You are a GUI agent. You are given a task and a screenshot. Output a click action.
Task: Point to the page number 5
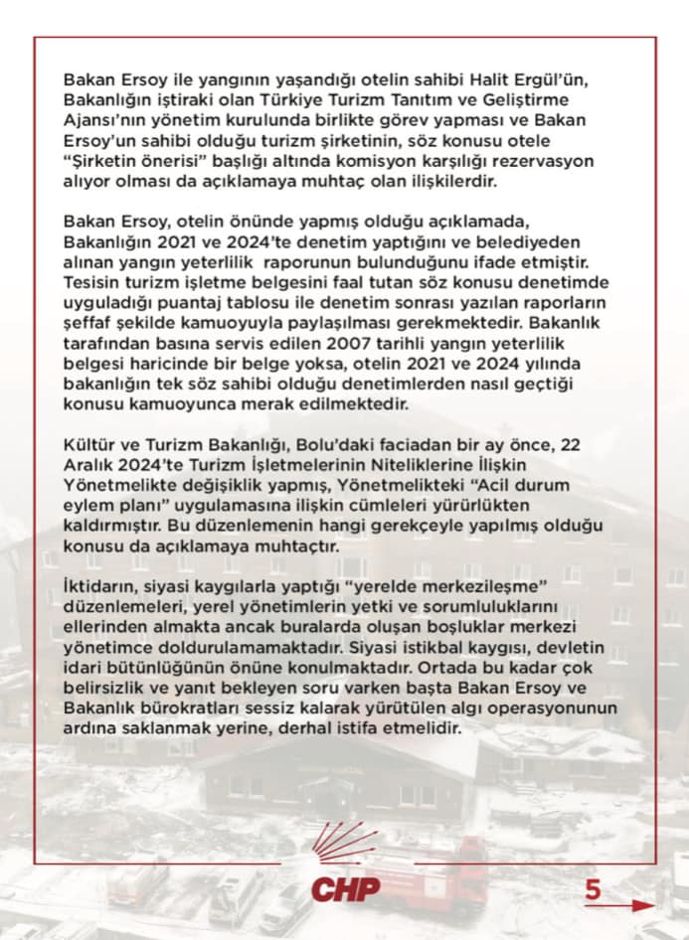point(593,889)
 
